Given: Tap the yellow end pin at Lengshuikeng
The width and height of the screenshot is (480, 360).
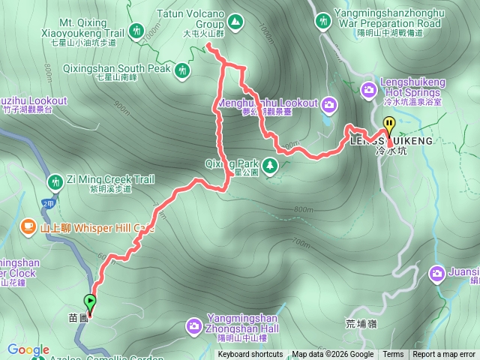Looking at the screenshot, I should [x=388, y=125].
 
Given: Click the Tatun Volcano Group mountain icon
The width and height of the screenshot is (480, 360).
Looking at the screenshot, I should [x=235, y=22].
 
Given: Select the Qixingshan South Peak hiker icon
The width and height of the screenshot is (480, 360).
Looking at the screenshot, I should [x=181, y=70].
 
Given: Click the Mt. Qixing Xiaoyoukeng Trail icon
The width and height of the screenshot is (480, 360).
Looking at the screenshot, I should [x=136, y=31].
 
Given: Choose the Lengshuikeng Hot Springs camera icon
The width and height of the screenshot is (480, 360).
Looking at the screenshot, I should [x=369, y=90].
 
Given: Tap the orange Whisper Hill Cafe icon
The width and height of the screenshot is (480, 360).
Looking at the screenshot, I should [x=28, y=225].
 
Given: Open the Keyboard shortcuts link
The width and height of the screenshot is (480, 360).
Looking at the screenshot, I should [x=250, y=355].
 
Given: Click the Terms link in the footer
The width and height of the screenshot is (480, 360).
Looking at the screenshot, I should [x=393, y=355].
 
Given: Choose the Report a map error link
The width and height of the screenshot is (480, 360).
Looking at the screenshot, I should [x=445, y=355].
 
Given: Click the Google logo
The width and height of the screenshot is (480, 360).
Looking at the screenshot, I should [x=28, y=349].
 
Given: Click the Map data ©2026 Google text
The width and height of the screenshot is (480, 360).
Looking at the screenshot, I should [x=333, y=355].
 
